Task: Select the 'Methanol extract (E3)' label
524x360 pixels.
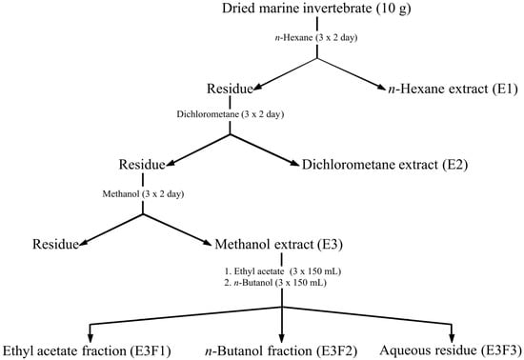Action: (280, 245)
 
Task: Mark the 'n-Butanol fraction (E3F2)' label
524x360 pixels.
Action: (282, 349)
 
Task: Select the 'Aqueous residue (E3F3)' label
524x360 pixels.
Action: (453, 349)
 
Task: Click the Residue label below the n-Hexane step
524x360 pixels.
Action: (226, 90)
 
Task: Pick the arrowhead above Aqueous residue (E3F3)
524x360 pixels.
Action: (453, 332)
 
